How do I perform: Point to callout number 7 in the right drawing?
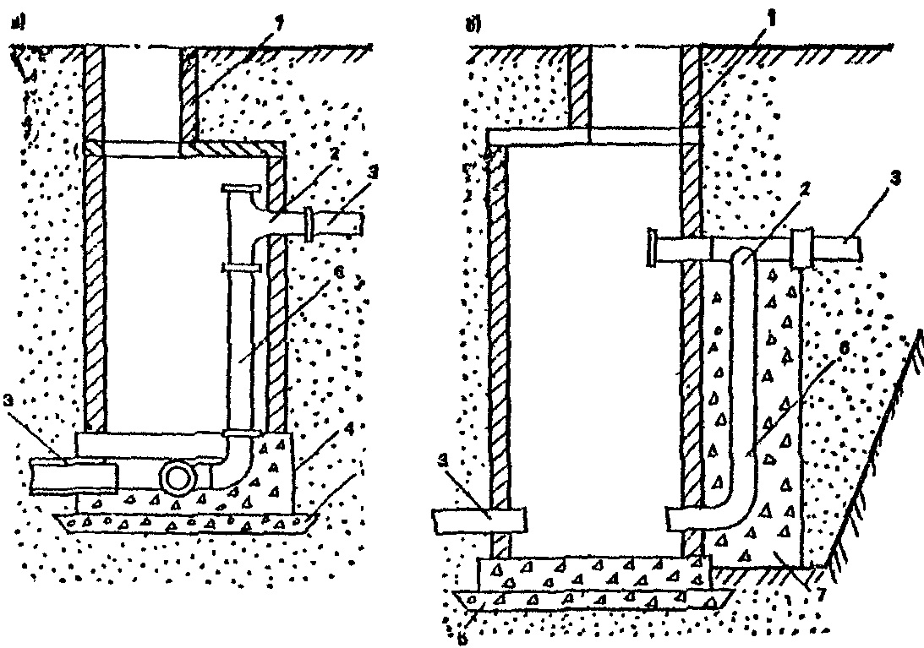812,586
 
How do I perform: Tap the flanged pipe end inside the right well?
653,249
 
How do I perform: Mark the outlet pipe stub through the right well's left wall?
478,519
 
